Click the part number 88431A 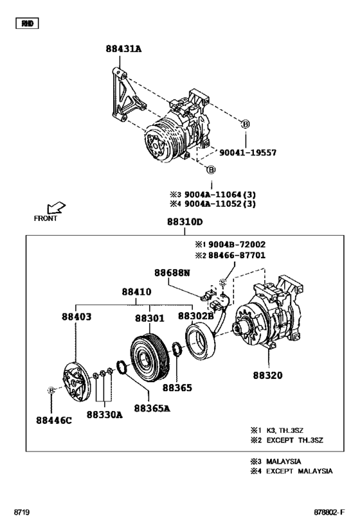124,49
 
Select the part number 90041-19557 248,153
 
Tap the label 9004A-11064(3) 221,193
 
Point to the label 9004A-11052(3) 221,204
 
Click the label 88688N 172,273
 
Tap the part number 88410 139,292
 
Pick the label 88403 77,317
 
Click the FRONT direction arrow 56,207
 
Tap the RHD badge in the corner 27,24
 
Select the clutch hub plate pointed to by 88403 75,382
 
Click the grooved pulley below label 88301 148,356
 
